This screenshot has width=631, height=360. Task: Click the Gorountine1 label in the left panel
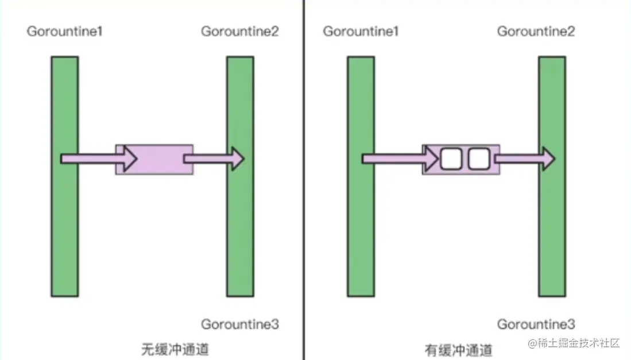pyautogui.click(x=64, y=31)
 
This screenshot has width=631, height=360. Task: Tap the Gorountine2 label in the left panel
pyautogui.click(x=239, y=31)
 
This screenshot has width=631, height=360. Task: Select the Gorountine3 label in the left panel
pyautogui.click(x=239, y=324)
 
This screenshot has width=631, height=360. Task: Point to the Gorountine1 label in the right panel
pyautogui.click(x=361, y=31)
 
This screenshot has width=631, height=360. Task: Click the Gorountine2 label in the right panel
pyautogui.click(x=536, y=31)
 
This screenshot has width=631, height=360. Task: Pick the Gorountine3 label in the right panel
pyautogui.click(x=536, y=324)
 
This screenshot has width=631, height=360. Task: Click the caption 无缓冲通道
pyautogui.click(x=172, y=349)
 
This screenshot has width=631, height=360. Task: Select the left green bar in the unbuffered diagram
pyautogui.click(x=64, y=230)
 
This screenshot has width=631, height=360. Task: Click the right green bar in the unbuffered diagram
pyautogui.click(x=240, y=230)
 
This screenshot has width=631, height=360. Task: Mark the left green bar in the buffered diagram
pyautogui.click(x=361, y=230)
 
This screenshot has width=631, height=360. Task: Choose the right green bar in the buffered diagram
pyautogui.click(x=552, y=230)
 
